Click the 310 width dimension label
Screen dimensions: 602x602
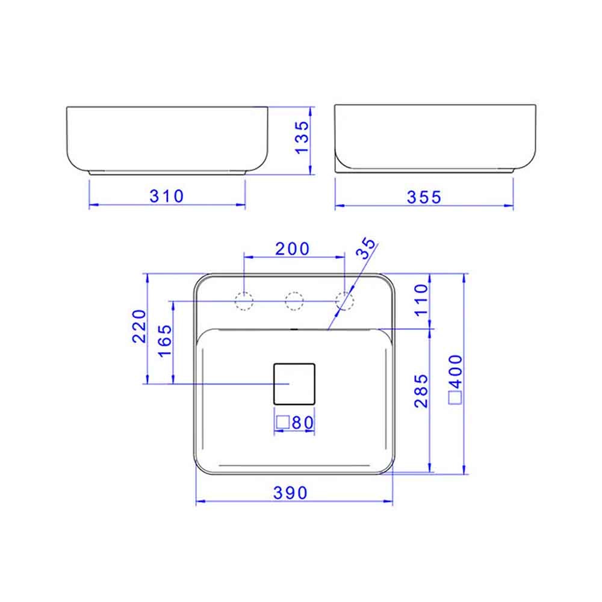point(167,196)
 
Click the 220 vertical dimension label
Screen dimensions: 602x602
point(140,326)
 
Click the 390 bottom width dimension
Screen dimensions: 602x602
point(291,492)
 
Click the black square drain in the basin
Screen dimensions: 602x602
point(294,383)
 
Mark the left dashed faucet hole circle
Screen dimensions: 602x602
point(244,300)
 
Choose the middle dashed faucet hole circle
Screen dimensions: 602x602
point(294,300)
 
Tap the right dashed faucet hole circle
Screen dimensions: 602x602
point(344,300)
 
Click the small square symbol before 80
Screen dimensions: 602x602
point(282,423)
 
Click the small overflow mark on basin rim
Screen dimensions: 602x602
point(293,329)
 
